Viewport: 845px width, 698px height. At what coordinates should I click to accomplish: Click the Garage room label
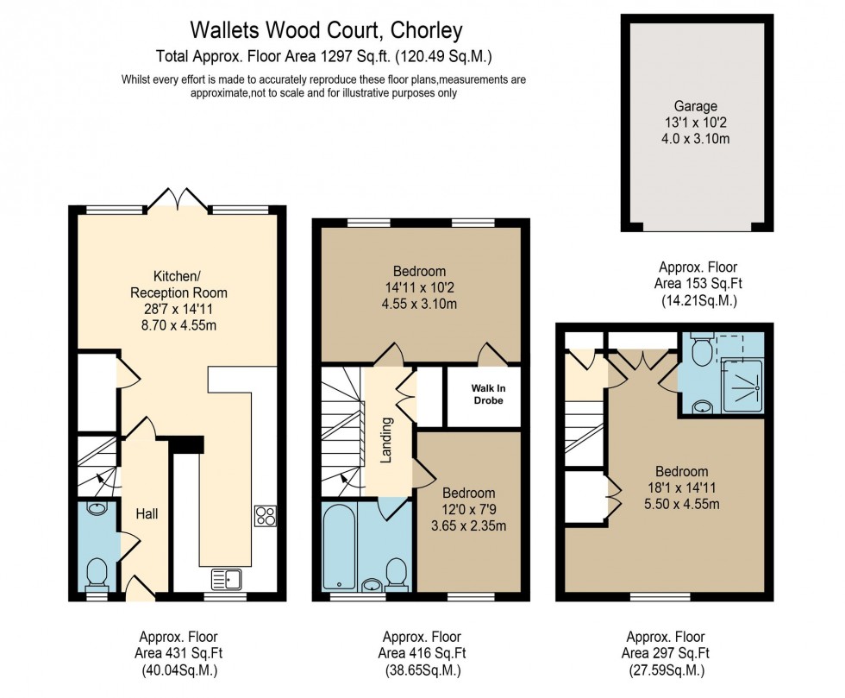tap(696, 106)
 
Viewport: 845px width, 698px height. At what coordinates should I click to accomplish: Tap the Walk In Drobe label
tap(488, 393)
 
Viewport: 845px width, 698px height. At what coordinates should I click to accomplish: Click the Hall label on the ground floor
tap(146, 513)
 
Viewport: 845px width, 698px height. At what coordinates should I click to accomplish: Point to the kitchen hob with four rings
tap(265, 516)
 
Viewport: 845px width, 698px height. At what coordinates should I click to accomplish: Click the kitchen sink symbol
tap(228, 579)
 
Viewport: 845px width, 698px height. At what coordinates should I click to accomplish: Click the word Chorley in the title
tap(427, 31)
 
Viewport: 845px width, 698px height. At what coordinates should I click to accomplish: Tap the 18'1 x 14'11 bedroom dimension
tap(681, 488)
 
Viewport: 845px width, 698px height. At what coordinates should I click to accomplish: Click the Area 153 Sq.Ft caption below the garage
tap(698, 284)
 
